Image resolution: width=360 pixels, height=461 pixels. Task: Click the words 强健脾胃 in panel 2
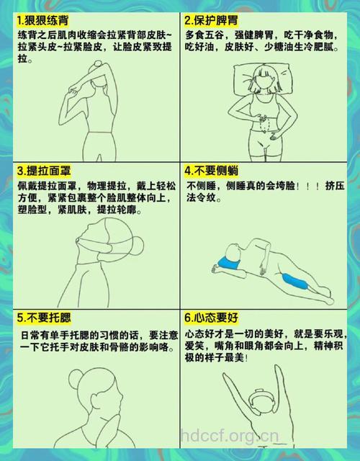click(256, 35)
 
